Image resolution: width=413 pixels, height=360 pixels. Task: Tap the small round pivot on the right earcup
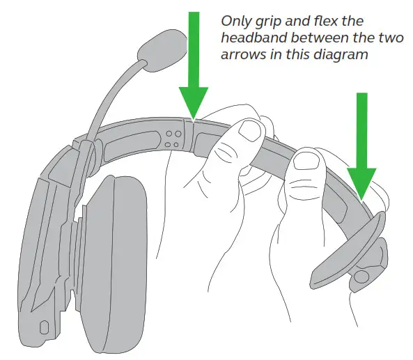tap(360, 276)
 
